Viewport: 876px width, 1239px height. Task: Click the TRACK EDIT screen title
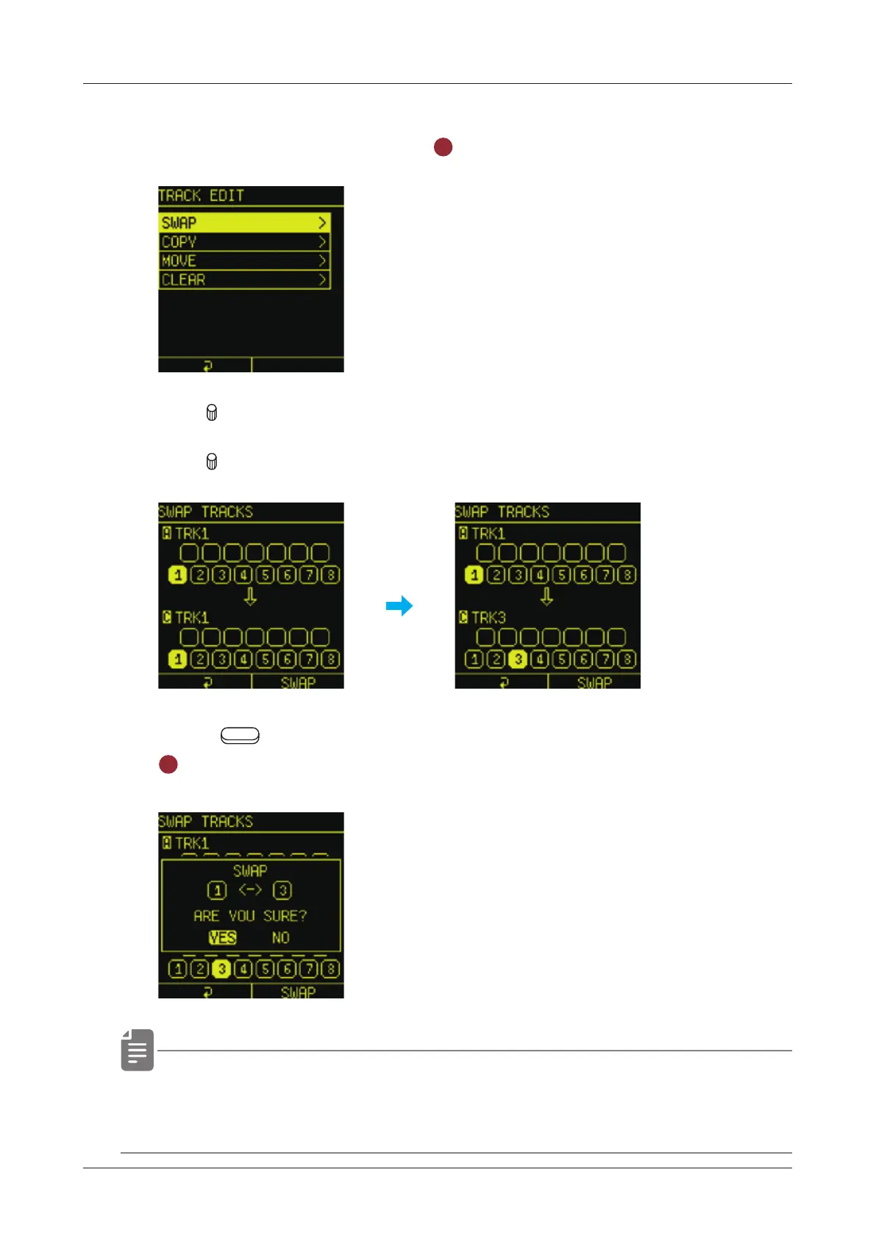[x=201, y=196]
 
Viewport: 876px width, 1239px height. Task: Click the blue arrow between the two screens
[x=399, y=606]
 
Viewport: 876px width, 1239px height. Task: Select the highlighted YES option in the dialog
[x=222, y=937]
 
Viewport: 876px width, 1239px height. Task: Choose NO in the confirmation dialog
[x=280, y=937]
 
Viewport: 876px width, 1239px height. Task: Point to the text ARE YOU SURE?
[x=250, y=916]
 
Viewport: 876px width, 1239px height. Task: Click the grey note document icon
[x=138, y=1050]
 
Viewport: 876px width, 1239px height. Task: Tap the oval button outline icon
[x=240, y=735]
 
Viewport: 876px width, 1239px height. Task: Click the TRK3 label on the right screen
[x=488, y=617]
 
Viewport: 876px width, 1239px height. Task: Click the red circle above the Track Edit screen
[x=443, y=147]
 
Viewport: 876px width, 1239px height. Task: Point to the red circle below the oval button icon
[x=168, y=764]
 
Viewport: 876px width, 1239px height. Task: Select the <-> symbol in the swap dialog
[x=250, y=890]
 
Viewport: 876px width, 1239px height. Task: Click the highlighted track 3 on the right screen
[x=518, y=659]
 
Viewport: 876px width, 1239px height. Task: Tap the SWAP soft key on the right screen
[x=594, y=683]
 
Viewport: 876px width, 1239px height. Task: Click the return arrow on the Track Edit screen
[x=207, y=366]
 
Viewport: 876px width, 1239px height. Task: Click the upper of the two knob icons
[x=212, y=413]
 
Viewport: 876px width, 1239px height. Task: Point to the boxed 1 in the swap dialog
[x=217, y=891]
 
